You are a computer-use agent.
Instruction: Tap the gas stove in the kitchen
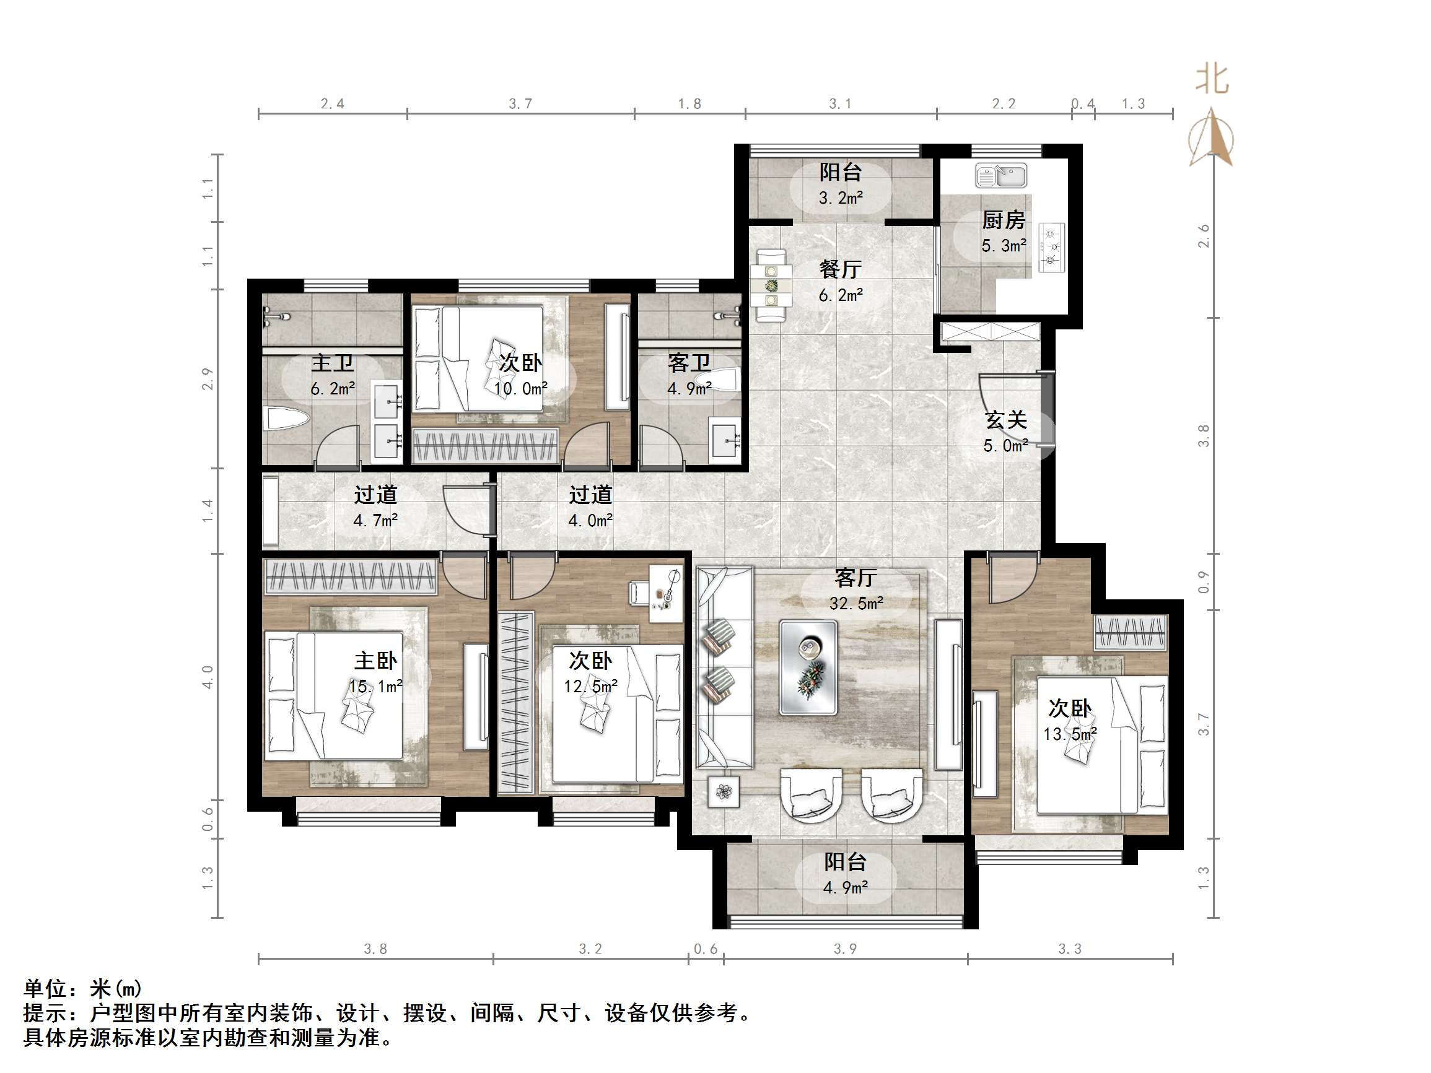(1051, 247)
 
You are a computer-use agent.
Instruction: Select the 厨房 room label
(1004, 220)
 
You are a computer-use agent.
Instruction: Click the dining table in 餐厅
(771, 285)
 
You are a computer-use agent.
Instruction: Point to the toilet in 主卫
(284, 419)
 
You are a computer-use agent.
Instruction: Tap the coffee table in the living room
(808, 667)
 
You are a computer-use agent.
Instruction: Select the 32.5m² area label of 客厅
(856, 604)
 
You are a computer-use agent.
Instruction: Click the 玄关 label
(1006, 420)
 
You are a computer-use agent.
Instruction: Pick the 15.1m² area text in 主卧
(376, 686)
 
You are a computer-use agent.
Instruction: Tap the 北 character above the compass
(1211, 80)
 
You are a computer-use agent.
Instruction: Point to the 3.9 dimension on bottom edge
(845, 949)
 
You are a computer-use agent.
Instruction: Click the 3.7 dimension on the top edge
(520, 103)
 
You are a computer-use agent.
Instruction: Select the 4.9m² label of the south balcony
(845, 887)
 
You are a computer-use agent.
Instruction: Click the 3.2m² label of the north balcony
(841, 198)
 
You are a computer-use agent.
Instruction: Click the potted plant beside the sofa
(724, 791)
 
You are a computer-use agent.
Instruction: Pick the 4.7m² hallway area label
(375, 520)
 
